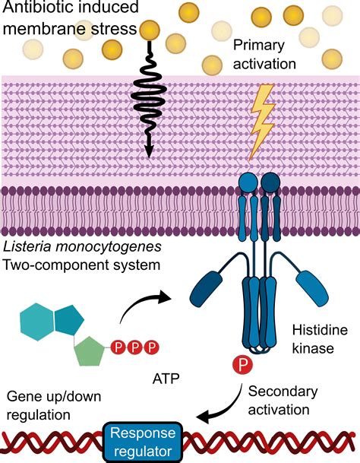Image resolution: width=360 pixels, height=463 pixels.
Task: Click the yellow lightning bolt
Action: click(x=262, y=121)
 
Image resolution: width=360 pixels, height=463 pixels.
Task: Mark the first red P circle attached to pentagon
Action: click(x=118, y=348)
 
